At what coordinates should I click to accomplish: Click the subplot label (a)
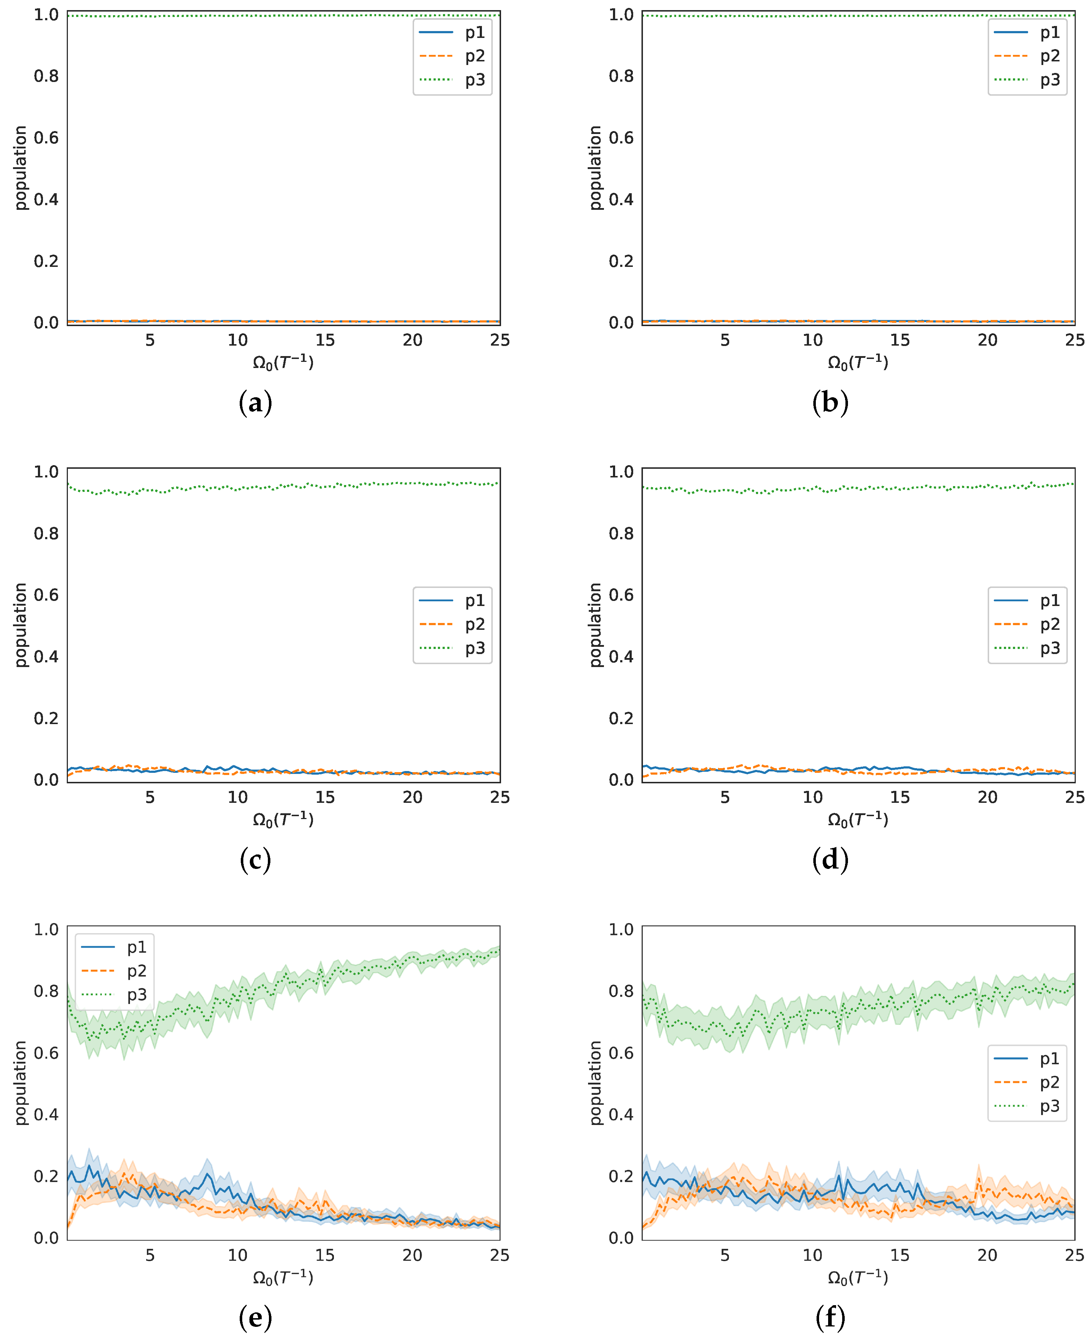[x=255, y=403]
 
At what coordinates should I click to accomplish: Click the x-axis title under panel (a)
[x=283, y=362]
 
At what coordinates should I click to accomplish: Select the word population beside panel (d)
[x=595, y=625]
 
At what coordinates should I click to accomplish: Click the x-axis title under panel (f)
[x=858, y=1278]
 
